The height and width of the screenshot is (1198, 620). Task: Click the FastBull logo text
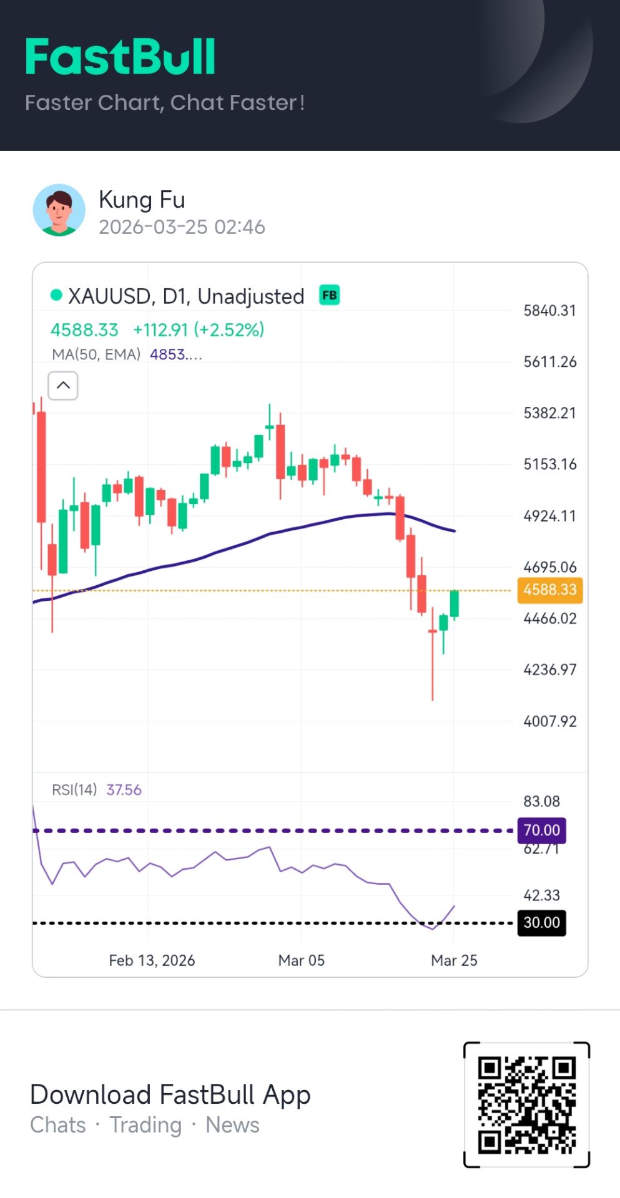tap(121, 57)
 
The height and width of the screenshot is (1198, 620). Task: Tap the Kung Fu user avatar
tap(59, 210)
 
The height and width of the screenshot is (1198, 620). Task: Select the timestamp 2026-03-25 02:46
tap(182, 227)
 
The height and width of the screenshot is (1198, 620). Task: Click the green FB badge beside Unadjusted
tap(329, 295)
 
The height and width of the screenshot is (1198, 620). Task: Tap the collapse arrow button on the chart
tap(63, 386)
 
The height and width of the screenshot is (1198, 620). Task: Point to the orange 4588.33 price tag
tap(549, 590)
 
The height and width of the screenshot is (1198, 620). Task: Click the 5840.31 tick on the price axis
tap(549, 311)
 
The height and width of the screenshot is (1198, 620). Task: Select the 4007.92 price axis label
tap(549, 721)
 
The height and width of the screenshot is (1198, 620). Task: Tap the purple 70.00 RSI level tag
tap(541, 830)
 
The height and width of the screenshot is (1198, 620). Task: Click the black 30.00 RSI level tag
tap(541, 923)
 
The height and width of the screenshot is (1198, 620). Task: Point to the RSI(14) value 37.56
tap(124, 790)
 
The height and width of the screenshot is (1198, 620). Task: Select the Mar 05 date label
tap(302, 960)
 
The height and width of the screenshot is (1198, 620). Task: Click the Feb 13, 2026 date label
tap(152, 960)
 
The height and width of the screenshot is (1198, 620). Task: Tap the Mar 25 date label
tap(454, 960)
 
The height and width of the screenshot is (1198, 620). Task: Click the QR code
tap(526, 1104)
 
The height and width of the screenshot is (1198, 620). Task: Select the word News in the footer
tap(232, 1125)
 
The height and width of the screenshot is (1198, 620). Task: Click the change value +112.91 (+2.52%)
tap(199, 329)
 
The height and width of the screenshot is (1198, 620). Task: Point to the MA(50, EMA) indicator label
tap(96, 354)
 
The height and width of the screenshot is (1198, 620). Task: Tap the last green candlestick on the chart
tap(455, 603)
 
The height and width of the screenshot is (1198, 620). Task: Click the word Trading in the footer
tap(145, 1125)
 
